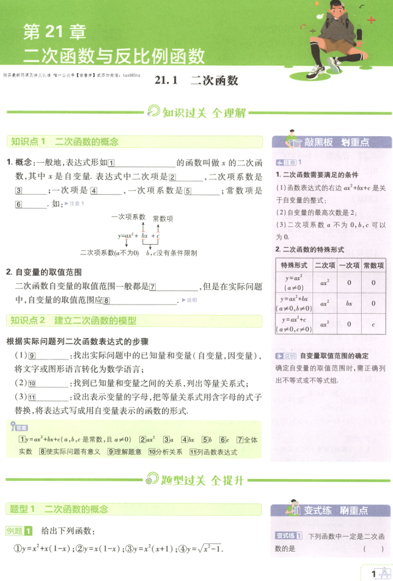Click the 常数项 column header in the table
[373, 265]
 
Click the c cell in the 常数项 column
[373, 324]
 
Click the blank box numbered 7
[153, 286]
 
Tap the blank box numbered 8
[106, 300]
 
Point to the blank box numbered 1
[111, 163]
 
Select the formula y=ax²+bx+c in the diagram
[139, 234]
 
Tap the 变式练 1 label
[289, 536]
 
